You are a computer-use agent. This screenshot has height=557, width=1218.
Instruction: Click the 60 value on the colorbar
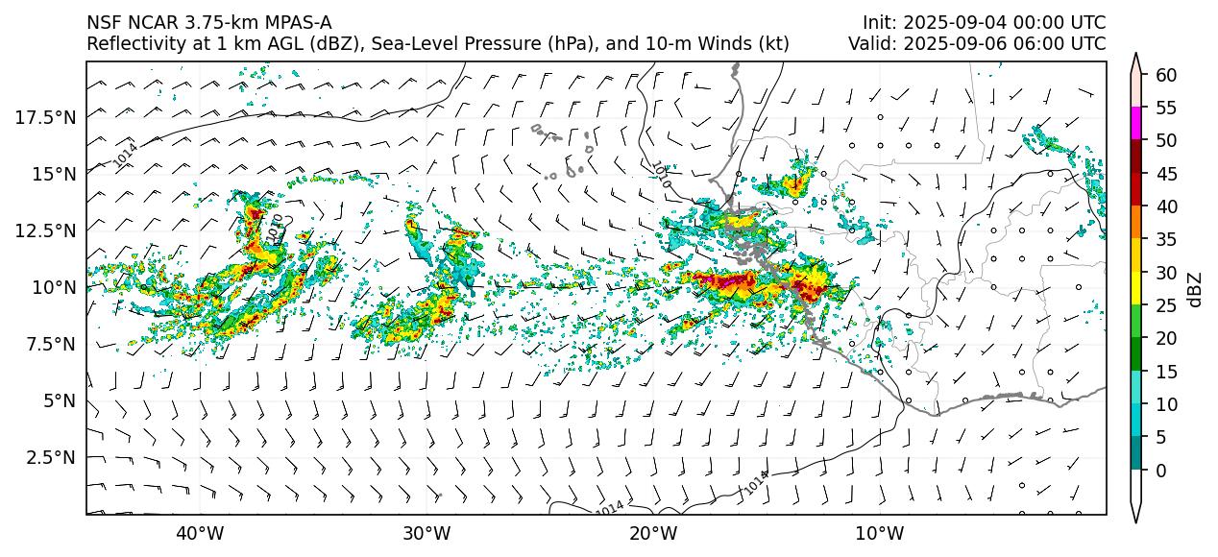pyautogui.click(x=1166, y=75)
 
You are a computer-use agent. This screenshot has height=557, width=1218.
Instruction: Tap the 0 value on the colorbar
pyautogui.click(x=1161, y=471)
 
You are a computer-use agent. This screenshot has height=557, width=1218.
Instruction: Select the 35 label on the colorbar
pyautogui.click(x=1166, y=240)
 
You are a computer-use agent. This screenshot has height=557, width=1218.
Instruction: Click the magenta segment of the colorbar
pyautogui.click(x=1136, y=123)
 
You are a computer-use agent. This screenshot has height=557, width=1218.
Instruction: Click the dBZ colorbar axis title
pyautogui.click(x=1195, y=289)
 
